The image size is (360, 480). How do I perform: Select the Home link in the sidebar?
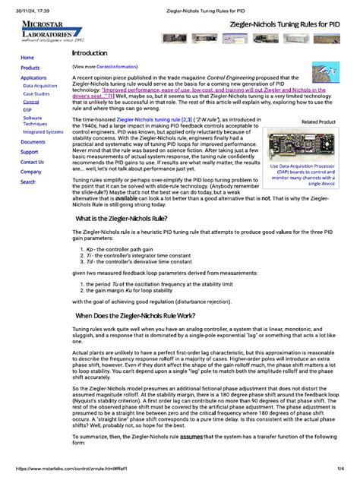[27, 58]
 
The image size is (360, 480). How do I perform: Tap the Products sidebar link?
[30, 68]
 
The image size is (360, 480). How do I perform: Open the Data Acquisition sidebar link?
[39, 87]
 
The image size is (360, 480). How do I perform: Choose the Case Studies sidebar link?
[36, 94]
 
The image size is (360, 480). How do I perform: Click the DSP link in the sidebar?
[28, 110]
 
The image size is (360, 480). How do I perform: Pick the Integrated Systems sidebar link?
[43, 131]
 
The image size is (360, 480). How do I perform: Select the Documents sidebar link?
[33, 142]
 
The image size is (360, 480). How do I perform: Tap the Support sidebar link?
[30, 152]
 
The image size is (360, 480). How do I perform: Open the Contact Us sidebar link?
[32, 162]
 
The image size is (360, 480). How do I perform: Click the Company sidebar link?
[31, 172]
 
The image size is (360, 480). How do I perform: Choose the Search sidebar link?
[28, 182]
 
